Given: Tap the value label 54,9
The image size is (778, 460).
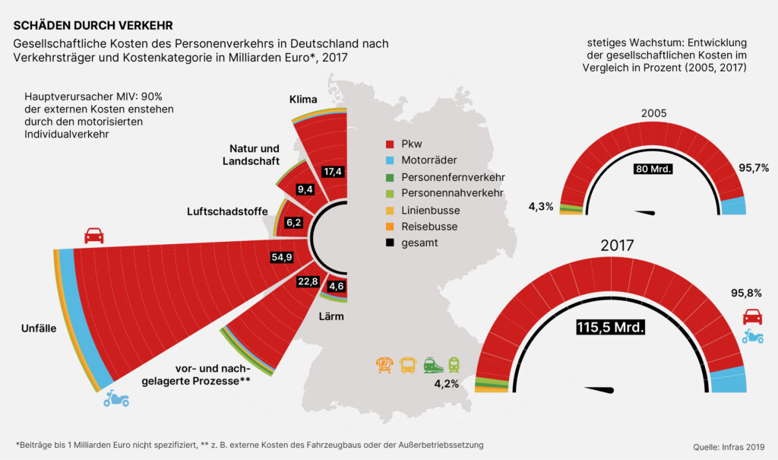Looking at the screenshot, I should (x=282, y=257).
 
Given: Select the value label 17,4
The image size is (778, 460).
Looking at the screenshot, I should (x=332, y=171).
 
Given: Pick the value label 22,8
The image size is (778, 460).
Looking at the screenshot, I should (x=307, y=282).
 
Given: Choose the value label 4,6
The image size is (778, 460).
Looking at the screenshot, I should (x=336, y=287).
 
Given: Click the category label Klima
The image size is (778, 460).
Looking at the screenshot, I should (x=304, y=100).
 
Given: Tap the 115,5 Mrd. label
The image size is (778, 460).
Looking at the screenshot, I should (x=610, y=328).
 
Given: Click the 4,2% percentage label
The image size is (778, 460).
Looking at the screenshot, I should (x=446, y=384).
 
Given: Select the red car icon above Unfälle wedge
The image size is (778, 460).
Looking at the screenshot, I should (x=94, y=235).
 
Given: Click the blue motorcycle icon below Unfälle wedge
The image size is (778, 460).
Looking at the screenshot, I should (x=116, y=398).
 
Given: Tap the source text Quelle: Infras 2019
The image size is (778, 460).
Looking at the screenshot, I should (x=729, y=446).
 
